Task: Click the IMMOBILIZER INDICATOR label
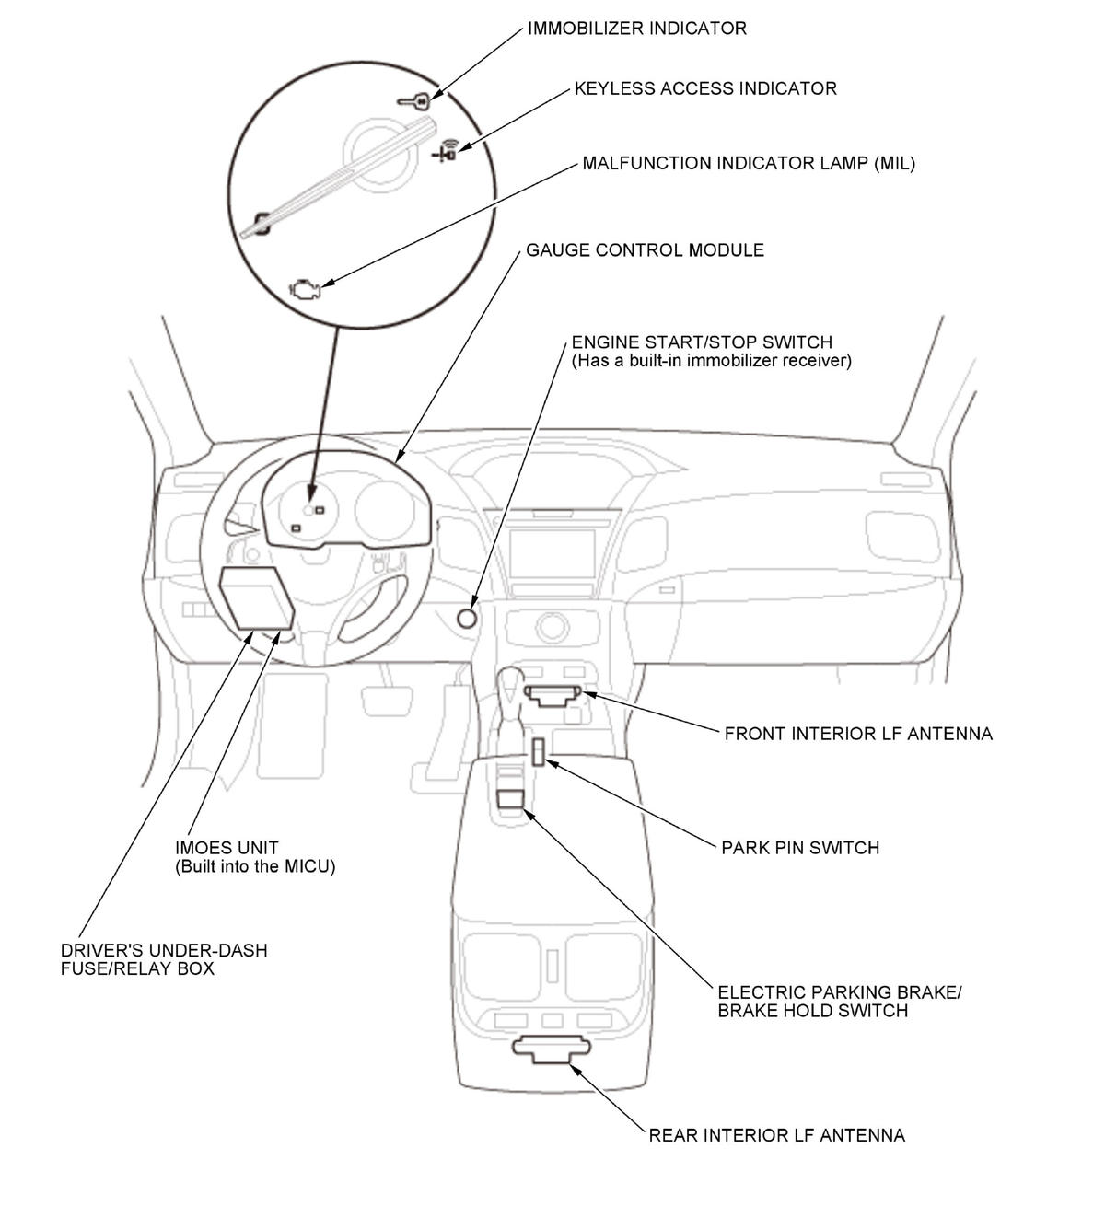pos(636,29)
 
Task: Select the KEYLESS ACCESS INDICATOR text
pos(704,88)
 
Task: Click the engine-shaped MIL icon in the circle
pos(303,288)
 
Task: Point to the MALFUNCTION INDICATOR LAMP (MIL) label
pos(748,164)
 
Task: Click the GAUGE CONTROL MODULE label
pos(645,250)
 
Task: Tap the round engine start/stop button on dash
pos(467,618)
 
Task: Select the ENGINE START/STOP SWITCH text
pos(702,342)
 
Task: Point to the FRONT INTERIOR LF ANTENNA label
pos(858,734)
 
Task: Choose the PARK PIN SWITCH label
pos(800,847)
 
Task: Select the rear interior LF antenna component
pos(551,1049)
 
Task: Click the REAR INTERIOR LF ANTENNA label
pos(776,1135)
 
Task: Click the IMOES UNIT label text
pos(227,847)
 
